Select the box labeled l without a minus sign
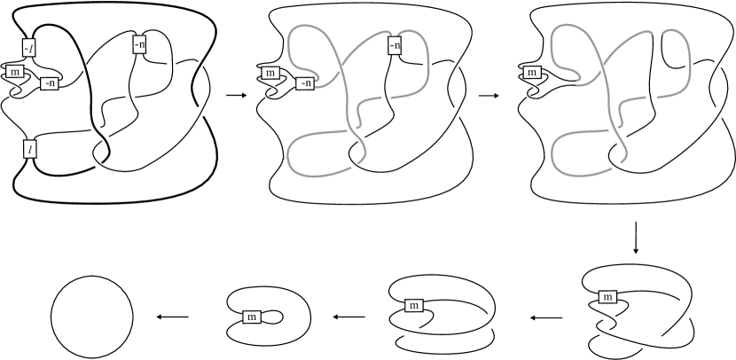pos(30,148)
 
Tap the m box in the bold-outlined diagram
pos(17,71)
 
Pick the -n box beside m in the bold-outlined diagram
pos(50,84)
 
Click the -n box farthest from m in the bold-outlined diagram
pos(139,43)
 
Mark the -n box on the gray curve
pos(395,43)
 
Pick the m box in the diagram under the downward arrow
pos(608,297)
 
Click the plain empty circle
pos(92,317)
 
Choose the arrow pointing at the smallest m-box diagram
pos(347,317)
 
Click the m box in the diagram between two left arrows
pos(411,306)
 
